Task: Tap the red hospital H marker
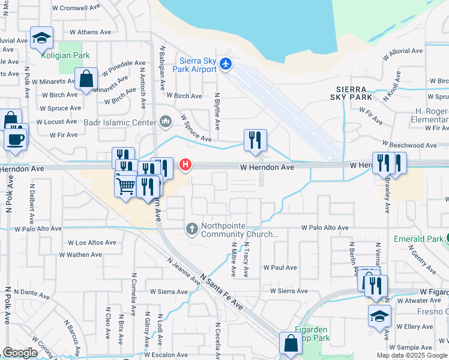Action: pyautogui.click(x=186, y=164)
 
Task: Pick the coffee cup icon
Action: pyautogui.click(x=15, y=139)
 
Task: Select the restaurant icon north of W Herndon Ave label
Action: pyautogui.click(x=255, y=140)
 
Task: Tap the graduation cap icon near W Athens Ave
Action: pyautogui.click(x=41, y=37)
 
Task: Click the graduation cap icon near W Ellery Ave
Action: pyautogui.click(x=379, y=316)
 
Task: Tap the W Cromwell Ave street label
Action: pyautogui.click(x=77, y=8)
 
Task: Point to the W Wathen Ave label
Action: pyautogui.click(x=84, y=255)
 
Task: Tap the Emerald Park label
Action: pyautogui.click(x=418, y=239)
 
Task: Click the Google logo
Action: pyautogui.click(x=20, y=352)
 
